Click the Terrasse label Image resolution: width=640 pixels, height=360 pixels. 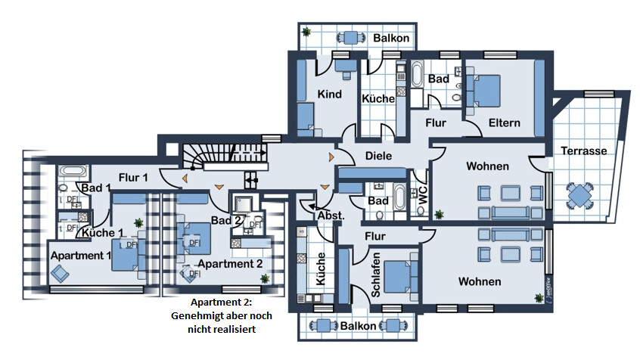(x=584, y=151)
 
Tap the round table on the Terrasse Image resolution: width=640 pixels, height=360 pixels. (x=580, y=196)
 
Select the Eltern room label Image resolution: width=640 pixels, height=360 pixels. (x=504, y=123)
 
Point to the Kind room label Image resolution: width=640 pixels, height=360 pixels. (x=330, y=95)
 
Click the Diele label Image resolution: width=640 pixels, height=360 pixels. (x=378, y=156)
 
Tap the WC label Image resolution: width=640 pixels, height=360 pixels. (x=422, y=194)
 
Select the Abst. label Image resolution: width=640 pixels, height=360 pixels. (x=331, y=216)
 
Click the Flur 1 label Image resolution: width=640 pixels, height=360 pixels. (x=133, y=178)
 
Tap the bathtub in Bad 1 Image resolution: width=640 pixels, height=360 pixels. (x=75, y=172)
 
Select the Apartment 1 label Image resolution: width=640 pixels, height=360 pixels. (x=81, y=255)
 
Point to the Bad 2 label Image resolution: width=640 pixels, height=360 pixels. (x=226, y=220)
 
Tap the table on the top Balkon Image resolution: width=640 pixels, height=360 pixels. (x=350, y=37)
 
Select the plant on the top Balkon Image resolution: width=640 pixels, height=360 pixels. (x=306, y=33)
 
